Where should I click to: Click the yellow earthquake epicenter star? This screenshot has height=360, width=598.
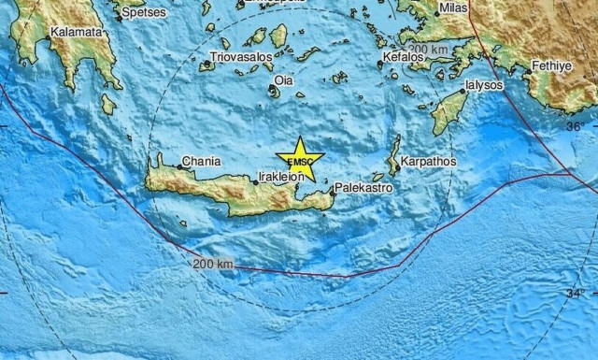pos(300,160)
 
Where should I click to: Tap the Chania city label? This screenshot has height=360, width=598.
pos(201,161)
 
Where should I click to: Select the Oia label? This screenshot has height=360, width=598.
pos(283,81)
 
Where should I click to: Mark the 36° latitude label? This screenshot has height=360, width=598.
pos(576,126)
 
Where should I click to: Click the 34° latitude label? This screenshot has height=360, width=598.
pos(577,294)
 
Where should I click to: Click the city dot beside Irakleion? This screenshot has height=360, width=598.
pos(256,181)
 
